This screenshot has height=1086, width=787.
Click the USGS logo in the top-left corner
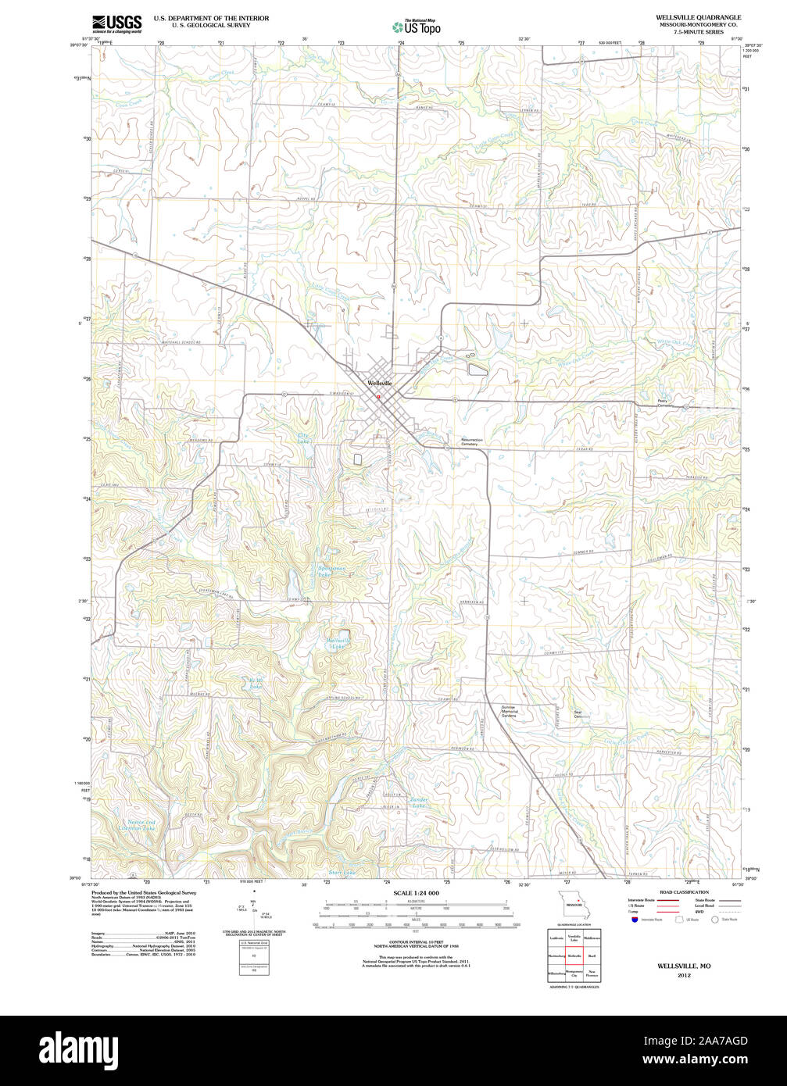pyautogui.click(x=117, y=23)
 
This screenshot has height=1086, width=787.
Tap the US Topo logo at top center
pyautogui.click(x=417, y=26)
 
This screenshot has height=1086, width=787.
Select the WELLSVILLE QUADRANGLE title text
pyautogui.click(x=699, y=16)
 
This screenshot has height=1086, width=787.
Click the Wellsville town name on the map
pyautogui.click(x=379, y=384)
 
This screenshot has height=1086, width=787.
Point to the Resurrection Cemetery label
pyautogui.click(x=471, y=442)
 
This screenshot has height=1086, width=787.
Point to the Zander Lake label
pyautogui.click(x=417, y=802)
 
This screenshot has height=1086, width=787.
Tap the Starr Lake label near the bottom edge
pyautogui.click(x=342, y=872)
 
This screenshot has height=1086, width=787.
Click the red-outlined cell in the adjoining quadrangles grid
pyautogui.click(x=575, y=956)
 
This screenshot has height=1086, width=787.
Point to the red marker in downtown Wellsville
pyautogui.click(x=378, y=396)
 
